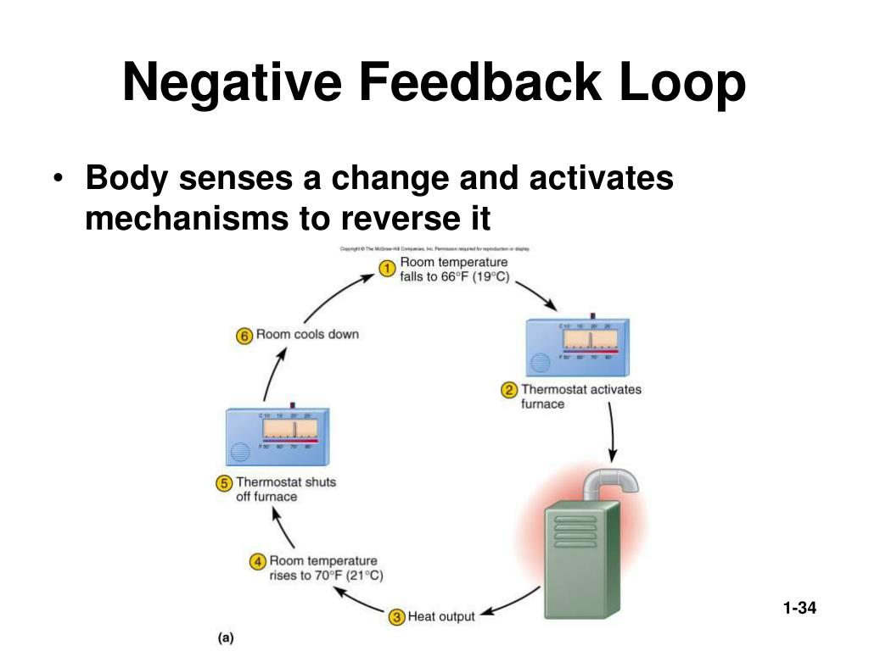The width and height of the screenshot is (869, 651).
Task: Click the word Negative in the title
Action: pos(232,84)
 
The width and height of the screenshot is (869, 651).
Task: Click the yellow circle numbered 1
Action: pos(387,270)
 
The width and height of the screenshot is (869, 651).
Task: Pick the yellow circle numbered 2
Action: pos(510,391)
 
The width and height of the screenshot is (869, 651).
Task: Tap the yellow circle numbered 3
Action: pos(396,617)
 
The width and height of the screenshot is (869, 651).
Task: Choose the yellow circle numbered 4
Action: pos(258,562)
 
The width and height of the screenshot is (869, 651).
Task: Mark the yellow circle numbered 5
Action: pos(224,483)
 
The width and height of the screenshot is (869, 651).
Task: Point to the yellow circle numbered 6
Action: pos(244,335)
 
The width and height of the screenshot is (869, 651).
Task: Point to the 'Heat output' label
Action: pos(441,616)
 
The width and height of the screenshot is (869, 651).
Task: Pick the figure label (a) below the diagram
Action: pos(226,637)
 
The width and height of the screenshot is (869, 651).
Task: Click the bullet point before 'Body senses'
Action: pos(58,181)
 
